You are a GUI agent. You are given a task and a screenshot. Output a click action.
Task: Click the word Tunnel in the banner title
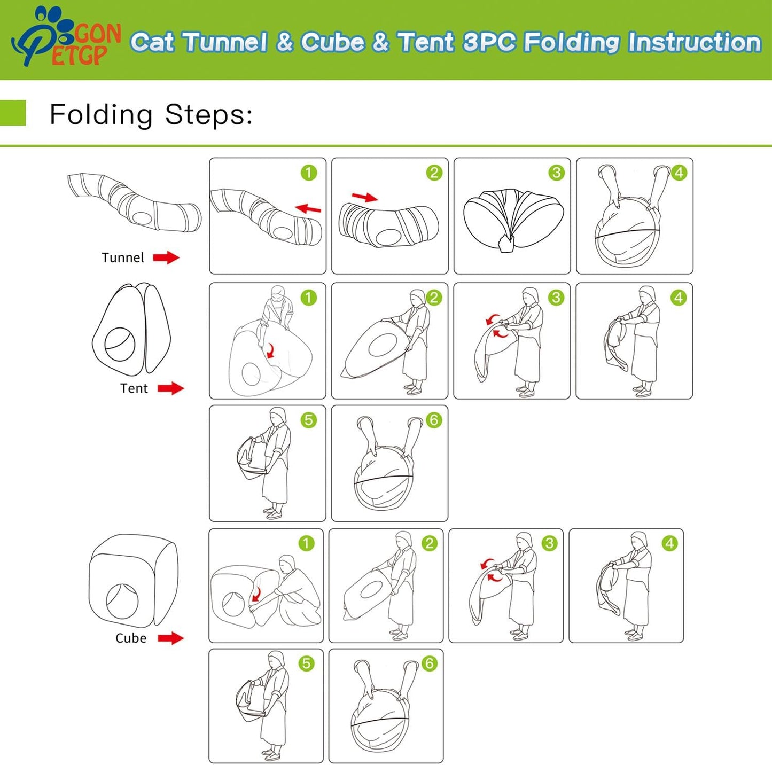(226, 42)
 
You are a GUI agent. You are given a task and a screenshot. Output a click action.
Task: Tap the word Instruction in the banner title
(695, 42)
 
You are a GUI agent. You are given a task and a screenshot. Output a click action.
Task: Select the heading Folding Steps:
(151, 115)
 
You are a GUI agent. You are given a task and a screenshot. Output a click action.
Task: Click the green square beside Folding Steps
(13, 113)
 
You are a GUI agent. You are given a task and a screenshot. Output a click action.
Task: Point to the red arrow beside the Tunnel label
(166, 257)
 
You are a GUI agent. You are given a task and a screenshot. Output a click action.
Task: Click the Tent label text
(134, 388)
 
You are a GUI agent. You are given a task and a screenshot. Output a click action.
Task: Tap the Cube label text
(130, 637)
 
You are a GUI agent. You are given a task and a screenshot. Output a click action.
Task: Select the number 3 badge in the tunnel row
(556, 173)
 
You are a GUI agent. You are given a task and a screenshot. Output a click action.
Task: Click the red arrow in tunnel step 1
(308, 208)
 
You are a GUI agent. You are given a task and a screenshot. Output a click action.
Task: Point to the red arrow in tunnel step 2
(364, 197)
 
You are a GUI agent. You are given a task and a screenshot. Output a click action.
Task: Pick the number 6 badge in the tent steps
(433, 420)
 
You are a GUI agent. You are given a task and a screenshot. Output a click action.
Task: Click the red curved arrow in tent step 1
(271, 350)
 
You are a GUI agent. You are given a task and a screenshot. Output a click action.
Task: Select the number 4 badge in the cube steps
(669, 543)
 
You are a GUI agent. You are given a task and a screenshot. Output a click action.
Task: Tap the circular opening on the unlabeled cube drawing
(122, 600)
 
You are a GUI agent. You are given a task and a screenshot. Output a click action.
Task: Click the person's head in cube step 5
(276, 660)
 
